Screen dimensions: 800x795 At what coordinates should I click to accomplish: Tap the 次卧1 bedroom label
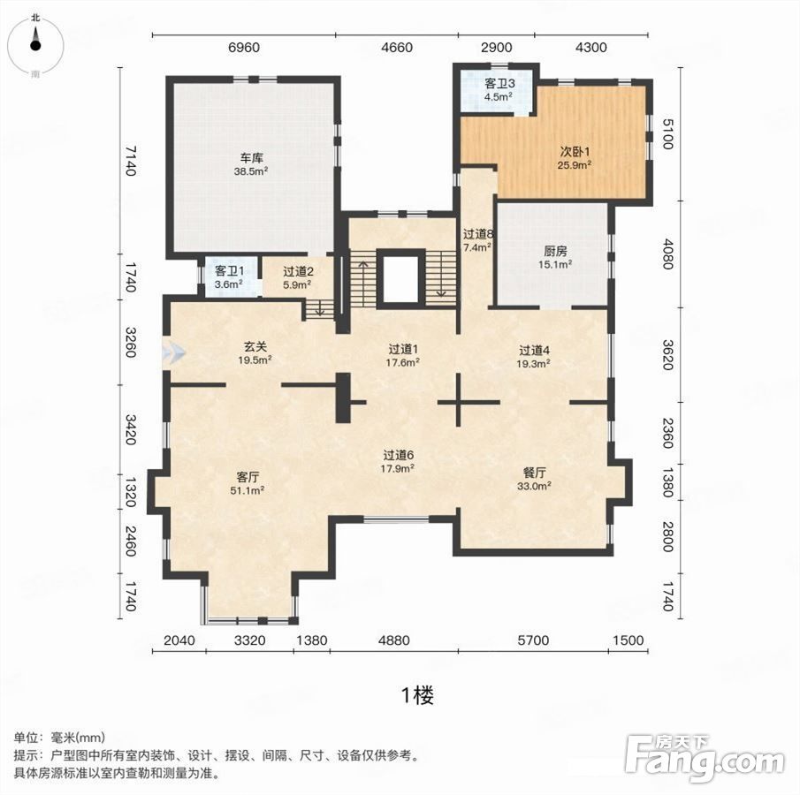tap(575, 151)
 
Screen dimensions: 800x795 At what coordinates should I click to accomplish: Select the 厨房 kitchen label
tap(555, 251)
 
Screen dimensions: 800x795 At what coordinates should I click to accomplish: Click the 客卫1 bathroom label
tap(229, 271)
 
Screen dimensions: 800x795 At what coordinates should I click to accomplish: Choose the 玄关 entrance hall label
tap(255, 347)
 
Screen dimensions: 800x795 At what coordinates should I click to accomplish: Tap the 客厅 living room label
tap(248, 477)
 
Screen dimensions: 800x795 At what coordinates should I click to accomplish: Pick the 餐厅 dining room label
tap(534, 473)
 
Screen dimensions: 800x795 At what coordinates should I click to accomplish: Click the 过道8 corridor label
tap(478, 234)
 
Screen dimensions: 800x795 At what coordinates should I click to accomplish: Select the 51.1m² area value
tap(248, 490)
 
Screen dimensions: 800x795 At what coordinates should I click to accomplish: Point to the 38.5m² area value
tap(251, 171)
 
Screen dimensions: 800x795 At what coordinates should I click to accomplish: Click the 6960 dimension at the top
tap(244, 48)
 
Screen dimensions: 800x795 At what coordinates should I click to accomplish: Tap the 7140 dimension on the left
tap(131, 161)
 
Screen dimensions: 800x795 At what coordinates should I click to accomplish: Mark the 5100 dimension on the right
tap(667, 133)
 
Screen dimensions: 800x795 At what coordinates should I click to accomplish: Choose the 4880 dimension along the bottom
tap(394, 640)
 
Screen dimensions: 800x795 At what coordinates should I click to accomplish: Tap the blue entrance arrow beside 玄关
tap(173, 352)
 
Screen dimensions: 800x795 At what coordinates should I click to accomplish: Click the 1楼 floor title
tap(418, 695)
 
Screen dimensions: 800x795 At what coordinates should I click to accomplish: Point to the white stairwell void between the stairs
tap(401, 279)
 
